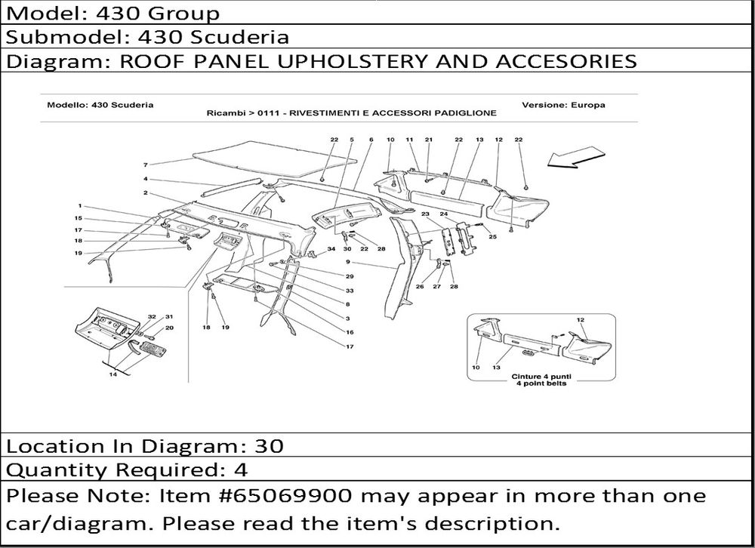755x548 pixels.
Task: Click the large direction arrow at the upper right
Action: click(x=576, y=159)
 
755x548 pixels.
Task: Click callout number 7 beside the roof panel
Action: click(x=146, y=165)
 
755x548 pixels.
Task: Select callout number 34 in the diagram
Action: click(x=331, y=249)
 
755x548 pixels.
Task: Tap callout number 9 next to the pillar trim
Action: click(x=347, y=262)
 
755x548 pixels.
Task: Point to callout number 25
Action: click(x=492, y=236)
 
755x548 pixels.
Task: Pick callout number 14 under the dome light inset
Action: click(x=112, y=374)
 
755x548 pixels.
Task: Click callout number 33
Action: click(x=350, y=291)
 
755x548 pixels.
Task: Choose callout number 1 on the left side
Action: click(x=80, y=206)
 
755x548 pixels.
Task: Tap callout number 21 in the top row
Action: click(x=429, y=140)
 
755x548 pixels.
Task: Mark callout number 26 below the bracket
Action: click(x=420, y=287)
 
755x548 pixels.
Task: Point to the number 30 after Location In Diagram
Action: click(x=269, y=446)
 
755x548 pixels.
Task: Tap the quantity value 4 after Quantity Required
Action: click(x=241, y=469)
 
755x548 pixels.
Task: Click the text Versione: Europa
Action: click(x=563, y=105)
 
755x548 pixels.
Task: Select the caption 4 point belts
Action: click(x=541, y=383)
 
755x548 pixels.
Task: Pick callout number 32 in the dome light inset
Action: click(x=152, y=317)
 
